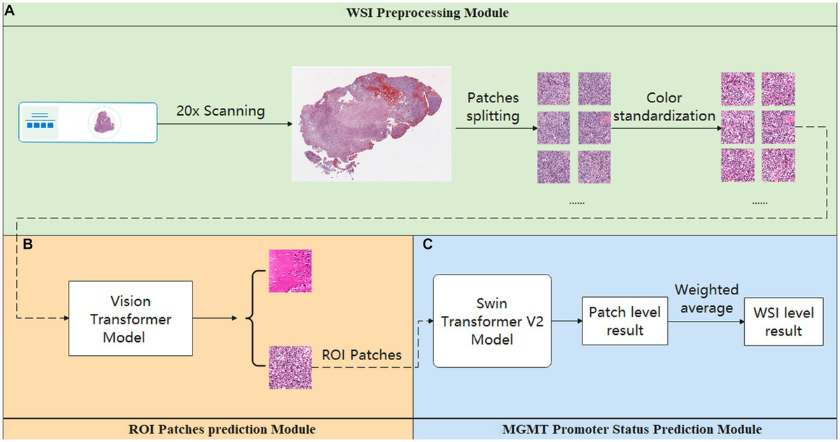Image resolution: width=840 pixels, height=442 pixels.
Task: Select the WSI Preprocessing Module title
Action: (419, 14)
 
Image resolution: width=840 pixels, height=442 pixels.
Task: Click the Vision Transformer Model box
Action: (130, 319)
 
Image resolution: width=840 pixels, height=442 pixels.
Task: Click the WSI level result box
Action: (783, 322)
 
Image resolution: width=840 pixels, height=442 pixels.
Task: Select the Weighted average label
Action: (706, 298)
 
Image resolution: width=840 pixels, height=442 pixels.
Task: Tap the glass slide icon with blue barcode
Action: (85, 122)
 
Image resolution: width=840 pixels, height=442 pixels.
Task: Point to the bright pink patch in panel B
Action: (290, 270)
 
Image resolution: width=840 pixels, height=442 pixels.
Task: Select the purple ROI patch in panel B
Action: (290, 367)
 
